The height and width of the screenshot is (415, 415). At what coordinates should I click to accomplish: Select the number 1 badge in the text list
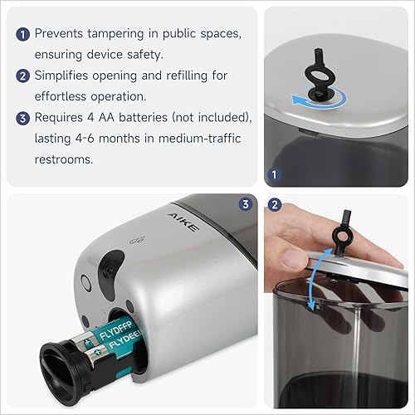[24, 35]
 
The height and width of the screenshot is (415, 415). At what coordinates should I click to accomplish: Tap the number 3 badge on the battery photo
[244, 204]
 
